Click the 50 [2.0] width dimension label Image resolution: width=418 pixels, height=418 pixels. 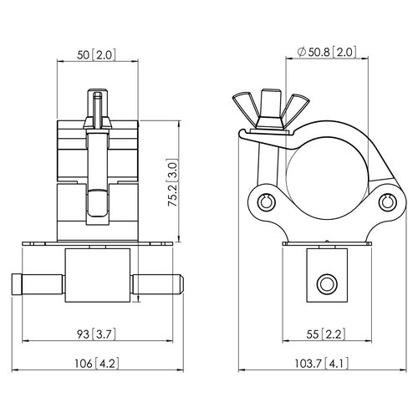click(x=96, y=55)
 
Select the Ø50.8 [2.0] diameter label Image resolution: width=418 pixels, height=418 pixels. click(x=327, y=52)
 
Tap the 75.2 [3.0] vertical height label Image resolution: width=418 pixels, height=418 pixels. click(x=173, y=183)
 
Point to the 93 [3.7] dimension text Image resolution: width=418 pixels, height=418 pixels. click(x=96, y=334)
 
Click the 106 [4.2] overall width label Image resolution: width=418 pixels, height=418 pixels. click(x=96, y=364)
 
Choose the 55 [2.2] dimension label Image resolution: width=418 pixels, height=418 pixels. click(x=326, y=334)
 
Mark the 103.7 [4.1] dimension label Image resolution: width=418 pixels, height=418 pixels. click(x=322, y=364)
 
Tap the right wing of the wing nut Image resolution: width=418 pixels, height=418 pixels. click(x=294, y=107)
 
